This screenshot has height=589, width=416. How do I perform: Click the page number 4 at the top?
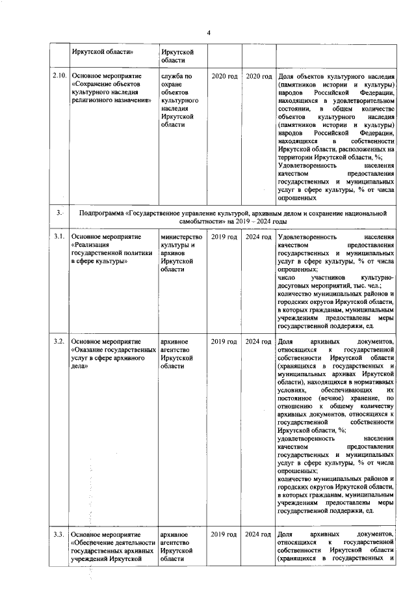[x=209, y=33]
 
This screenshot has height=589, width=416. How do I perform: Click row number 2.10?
[x=59, y=77]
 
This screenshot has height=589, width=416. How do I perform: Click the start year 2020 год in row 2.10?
[x=224, y=77]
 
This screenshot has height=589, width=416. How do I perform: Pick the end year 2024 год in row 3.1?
[x=258, y=236]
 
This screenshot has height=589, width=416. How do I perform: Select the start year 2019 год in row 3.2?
[x=224, y=341]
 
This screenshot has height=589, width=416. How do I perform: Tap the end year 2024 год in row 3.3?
[x=258, y=534]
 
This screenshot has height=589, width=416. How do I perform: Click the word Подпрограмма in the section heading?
[x=104, y=213]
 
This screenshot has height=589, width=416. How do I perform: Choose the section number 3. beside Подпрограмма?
[x=59, y=213]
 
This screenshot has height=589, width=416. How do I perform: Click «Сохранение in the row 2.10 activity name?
[x=92, y=85]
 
